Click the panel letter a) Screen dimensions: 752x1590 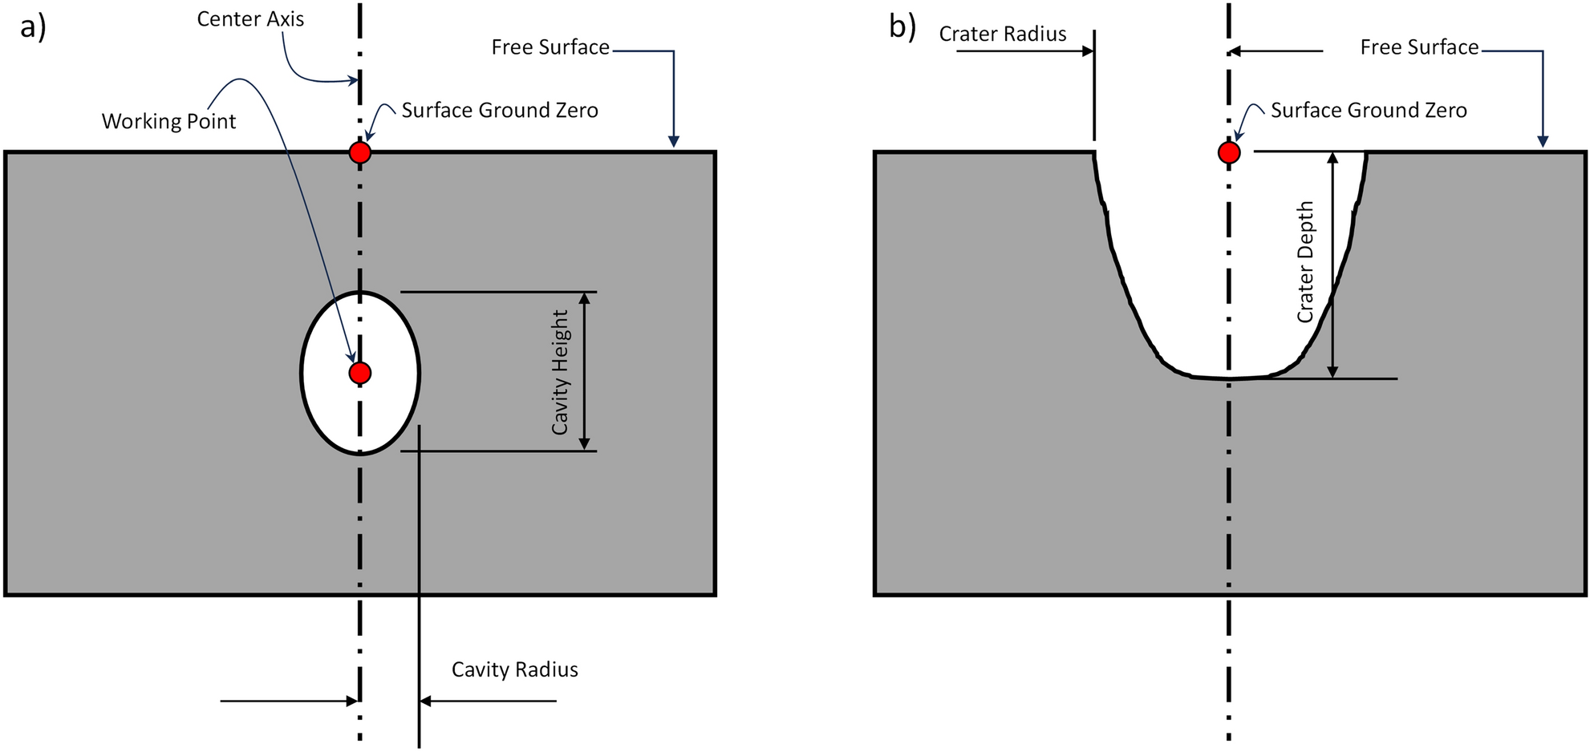33,27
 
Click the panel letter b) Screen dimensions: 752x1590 902,27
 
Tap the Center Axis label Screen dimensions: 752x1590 250,19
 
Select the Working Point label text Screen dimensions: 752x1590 168,122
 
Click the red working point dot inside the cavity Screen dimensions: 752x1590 360,373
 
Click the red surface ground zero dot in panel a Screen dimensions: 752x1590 360,152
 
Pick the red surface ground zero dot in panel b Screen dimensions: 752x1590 1229,152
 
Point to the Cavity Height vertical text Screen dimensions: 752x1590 560,373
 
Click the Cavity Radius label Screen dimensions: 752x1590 514,669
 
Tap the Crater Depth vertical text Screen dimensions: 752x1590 1306,262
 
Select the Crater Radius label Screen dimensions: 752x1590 1003,34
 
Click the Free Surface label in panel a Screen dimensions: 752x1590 550,47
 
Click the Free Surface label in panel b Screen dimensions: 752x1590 1419,47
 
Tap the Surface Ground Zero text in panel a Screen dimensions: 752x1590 500,111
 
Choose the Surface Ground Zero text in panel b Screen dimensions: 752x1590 1369,111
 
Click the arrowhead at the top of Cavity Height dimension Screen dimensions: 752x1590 584,298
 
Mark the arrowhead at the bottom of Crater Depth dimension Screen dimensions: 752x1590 1332,371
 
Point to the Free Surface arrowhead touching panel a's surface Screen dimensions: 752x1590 674,142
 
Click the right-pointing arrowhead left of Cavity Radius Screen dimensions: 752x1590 352,701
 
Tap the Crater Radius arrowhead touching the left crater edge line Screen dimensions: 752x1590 1088,51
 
